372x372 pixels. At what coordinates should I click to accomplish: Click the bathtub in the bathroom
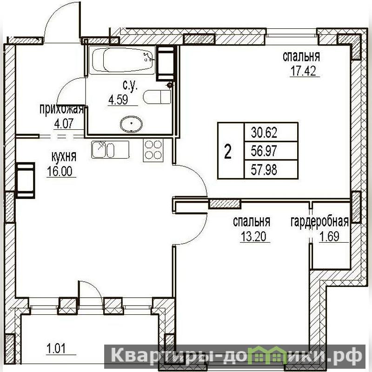click(x=123, y=61)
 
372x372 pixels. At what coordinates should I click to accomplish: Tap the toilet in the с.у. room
click(x=157, y=97)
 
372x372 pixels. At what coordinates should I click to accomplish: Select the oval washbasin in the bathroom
click(x=131, y=124)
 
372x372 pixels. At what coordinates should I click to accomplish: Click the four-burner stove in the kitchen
click(x=153, y=150)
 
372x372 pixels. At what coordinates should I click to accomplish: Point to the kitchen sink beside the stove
click(x=110, y=149)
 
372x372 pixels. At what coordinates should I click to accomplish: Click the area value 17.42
click(x=304, y=71)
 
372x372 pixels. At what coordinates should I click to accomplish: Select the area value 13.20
click(x=253, y=236)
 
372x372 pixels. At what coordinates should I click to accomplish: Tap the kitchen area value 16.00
click(x=60, y=171)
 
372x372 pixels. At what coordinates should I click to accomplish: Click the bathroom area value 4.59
click(x=118, y=100)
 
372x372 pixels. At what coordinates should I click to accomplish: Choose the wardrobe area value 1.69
click(x=329, y=236)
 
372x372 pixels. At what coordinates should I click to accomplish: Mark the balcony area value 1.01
click(x=56, y=349)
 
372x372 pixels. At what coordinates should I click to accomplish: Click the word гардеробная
click(x=319, y=222)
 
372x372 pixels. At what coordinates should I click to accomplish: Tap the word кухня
click(x=64, y=157)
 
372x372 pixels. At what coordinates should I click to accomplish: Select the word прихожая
click(x=61, y=110)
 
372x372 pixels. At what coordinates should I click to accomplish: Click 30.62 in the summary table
click(x=264, y=133)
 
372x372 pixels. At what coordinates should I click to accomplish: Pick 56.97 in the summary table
click(x=264, y=151)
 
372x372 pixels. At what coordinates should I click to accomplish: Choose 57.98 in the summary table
click(x=264, y=170)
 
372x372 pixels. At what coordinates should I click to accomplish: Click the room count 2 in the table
click(x=228, y=152)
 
